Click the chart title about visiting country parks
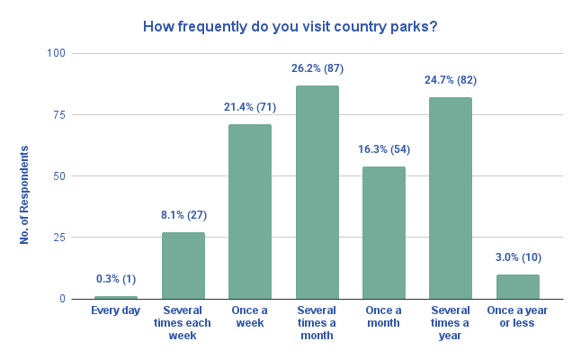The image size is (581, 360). (290, 26)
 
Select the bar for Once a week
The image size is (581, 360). (250, 211)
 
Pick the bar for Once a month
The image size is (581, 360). (384, 232)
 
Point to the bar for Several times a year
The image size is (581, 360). (451, 198)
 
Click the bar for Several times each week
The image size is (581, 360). (183, 265)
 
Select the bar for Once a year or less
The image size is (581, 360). (517, 286)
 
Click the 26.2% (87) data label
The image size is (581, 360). (317, 68)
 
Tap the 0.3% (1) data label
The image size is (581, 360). (116, 279)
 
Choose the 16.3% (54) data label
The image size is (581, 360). (384, 149)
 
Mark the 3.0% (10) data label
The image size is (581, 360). (517, 257)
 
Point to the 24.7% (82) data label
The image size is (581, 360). (451, 80)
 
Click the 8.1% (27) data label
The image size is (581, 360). (183, 216)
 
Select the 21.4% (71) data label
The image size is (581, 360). (250, 108)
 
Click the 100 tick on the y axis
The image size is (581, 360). (58, 53)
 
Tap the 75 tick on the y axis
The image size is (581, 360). (60, 114)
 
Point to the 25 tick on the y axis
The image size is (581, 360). (60, 238)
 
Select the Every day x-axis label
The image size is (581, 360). (116, 310)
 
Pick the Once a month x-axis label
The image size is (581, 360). (384, 317)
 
